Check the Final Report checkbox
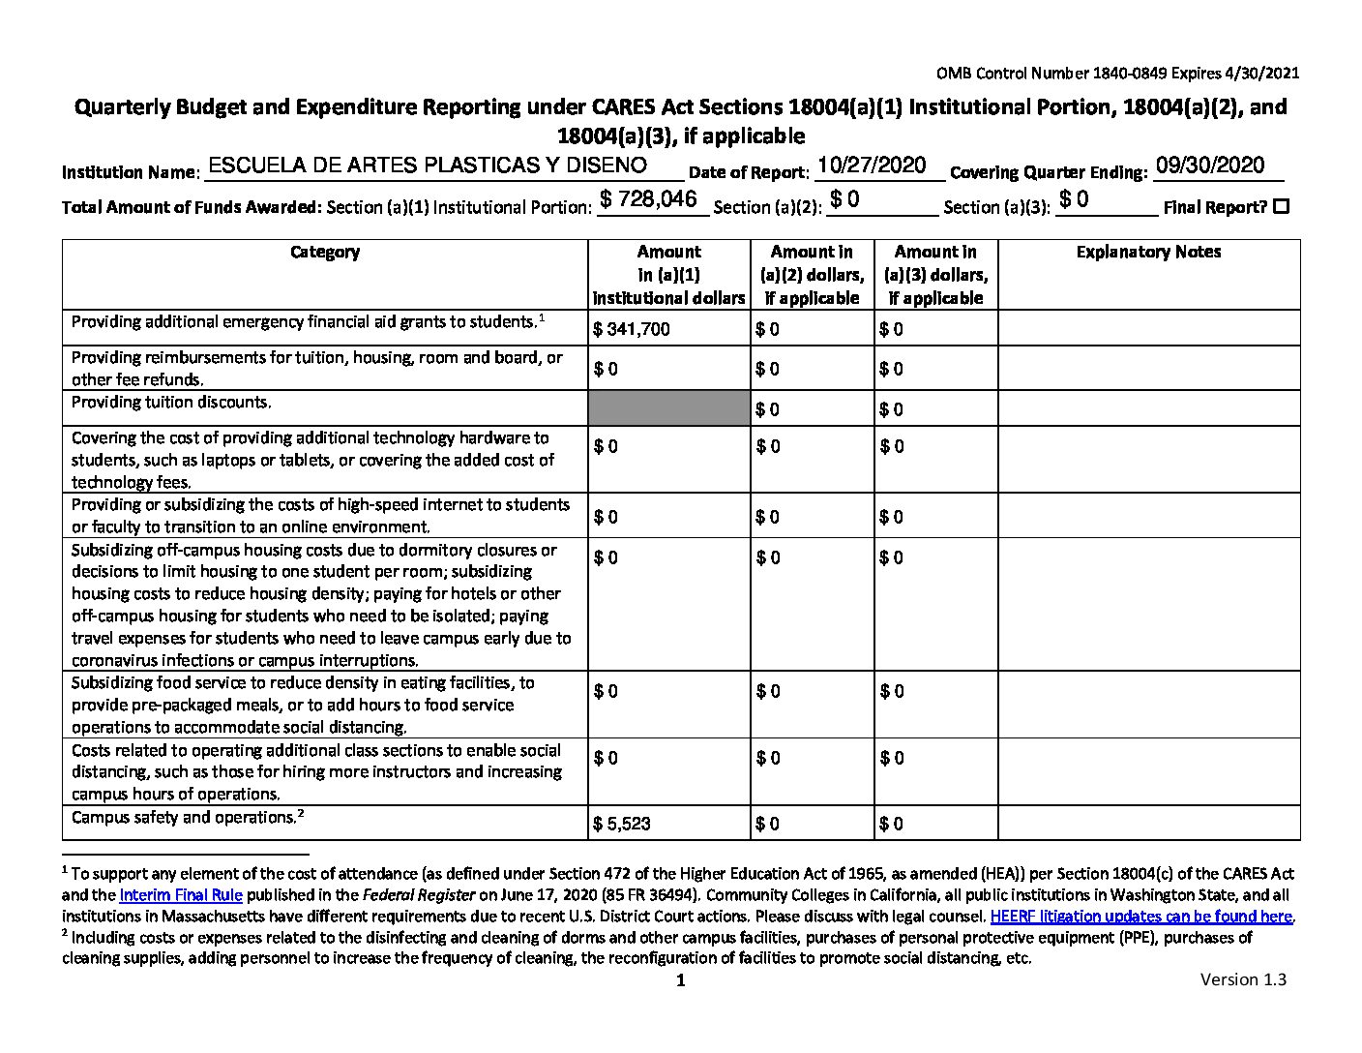click(1282, 206)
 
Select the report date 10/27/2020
click(872, 165)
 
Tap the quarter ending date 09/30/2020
click(1210, 165)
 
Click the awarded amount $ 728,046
click(648, 199)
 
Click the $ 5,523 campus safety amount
click(622, 824)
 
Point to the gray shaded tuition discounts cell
click(668, 407)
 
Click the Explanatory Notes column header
click(1148, 252)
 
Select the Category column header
click(325, 252)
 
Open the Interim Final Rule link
click(181, 895)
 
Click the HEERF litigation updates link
click(1141, 916)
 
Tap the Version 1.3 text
click(1243, 979)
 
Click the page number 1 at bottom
click(680, 981)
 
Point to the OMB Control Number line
click(1117, 74)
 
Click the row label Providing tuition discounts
click(171, 402)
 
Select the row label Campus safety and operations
click(184, 818)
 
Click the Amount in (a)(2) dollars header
click(812, 275)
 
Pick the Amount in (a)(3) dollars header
click(935, 275)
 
